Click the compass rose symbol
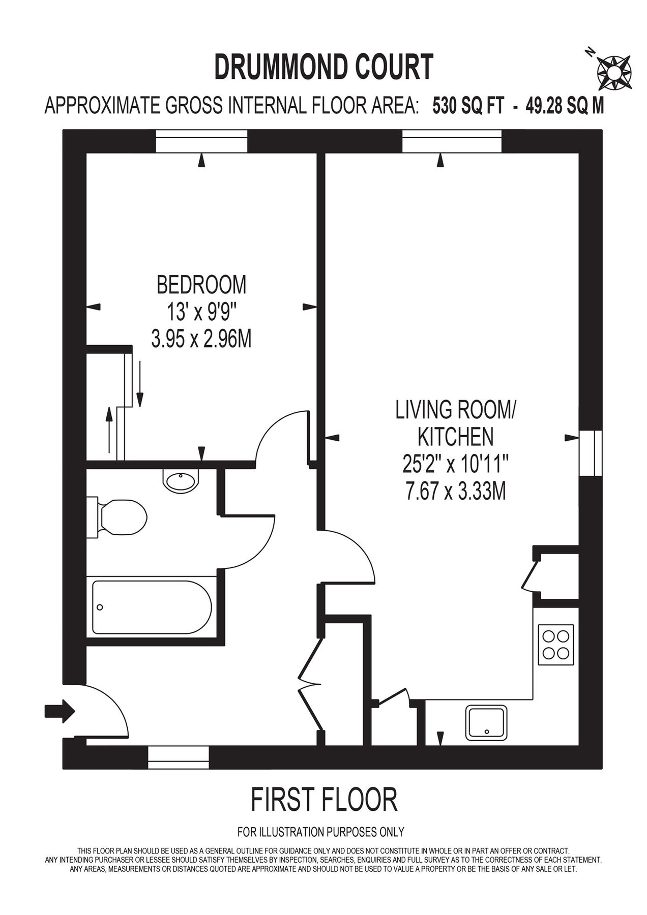(613, 70)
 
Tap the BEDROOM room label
(201, 284)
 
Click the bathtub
(152, 607)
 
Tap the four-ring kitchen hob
(555, 644)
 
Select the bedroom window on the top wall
(201, 141)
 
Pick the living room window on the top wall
(452, 141)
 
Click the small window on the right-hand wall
(591, 453)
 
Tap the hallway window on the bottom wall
(178, 757)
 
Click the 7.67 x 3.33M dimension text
(456, 492)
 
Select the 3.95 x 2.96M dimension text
(201, 339)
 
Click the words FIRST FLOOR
(323, 800)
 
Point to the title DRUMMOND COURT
(323, 67)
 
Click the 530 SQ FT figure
(468, 106)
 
